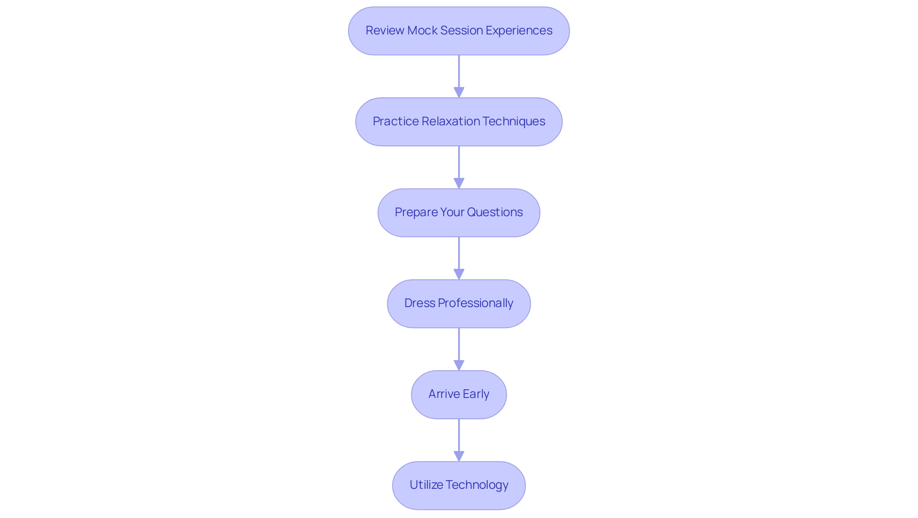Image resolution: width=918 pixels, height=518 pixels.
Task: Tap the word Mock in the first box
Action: tap(422, 31)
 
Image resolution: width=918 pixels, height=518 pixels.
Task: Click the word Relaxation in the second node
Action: tap(450, 121)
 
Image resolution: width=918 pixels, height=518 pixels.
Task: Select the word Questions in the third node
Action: tap(495, 212)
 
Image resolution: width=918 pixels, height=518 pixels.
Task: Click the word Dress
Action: tap(419, 303)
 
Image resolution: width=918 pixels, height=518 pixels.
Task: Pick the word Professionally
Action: tap(475, 303)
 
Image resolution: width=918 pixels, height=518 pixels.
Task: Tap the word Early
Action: tap(476, 394)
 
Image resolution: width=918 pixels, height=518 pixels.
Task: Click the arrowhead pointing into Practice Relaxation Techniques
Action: tap(459, 92)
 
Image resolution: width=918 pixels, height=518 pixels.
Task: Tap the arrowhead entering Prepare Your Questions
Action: tap(459, 183)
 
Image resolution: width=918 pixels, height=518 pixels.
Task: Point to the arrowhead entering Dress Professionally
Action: tap(459, 274)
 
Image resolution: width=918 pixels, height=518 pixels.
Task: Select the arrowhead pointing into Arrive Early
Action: tap(459, 365)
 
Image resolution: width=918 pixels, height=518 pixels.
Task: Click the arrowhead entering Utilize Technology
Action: tap(459, 456)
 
